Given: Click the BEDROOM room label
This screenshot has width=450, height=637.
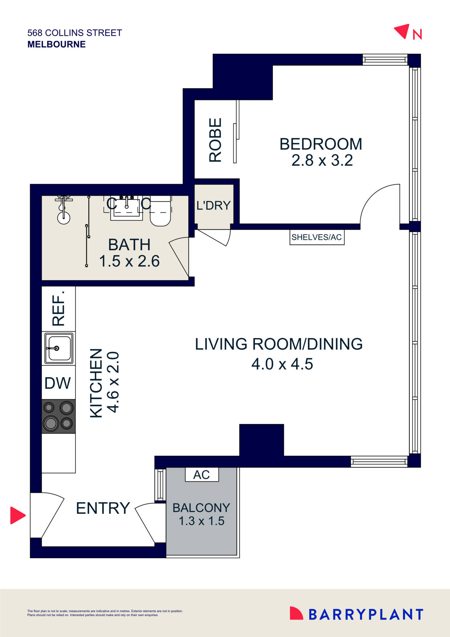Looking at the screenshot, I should pos(321,144).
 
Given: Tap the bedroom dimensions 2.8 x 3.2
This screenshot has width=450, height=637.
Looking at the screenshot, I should pos(322,161).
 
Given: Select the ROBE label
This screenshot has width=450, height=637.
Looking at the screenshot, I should pos(215,140).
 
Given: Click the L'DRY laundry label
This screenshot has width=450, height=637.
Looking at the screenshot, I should pos(213,206).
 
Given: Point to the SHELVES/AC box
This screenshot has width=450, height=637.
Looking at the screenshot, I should pos(316,238).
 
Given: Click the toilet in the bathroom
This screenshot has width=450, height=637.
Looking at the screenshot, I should pos(160,212).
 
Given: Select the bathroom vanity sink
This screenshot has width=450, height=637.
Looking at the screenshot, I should pos(127,208).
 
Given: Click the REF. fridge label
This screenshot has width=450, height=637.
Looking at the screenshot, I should pos(58,308).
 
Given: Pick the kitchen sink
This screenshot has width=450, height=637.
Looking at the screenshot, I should pos(58,349).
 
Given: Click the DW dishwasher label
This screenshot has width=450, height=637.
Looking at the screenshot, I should pos(58,383).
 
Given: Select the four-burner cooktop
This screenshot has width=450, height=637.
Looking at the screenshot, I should pos(58,416).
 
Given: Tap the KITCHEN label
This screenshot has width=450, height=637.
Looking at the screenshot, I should pos(96,383).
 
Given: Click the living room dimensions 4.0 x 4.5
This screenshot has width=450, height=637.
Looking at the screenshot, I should pos(282,364).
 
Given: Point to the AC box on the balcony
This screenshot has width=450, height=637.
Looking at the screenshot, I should pos(202,475).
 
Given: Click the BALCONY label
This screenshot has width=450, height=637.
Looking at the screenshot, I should pos(201,508).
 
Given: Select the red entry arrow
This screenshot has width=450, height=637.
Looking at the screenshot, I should pos(17,515).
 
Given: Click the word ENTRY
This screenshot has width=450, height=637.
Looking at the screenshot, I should pos(103,508).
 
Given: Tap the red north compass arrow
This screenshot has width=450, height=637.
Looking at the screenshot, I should pos(402,31).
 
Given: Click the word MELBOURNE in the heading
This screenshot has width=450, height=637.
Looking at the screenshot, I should pos(57,44).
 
